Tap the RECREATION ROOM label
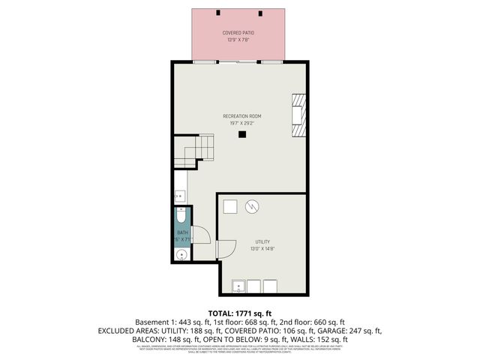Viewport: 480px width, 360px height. (241, 115)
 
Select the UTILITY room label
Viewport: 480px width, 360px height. (261, 241)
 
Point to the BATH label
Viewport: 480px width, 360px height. (182, 233)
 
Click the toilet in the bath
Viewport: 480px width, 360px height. (181, 218)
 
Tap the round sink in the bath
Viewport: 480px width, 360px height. (181, 255)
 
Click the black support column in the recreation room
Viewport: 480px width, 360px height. (241, 135)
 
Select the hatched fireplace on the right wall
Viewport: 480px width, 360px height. (299, 115)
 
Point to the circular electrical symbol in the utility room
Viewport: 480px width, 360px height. (253, 205)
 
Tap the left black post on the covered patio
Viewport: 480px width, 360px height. (217, 13)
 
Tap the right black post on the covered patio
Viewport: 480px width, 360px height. (261, 13)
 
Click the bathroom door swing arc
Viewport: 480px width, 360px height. (199, 235)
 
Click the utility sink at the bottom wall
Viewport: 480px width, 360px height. (239, 286)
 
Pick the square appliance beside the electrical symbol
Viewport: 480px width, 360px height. (231, 206)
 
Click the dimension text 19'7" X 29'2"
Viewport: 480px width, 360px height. (241, 122)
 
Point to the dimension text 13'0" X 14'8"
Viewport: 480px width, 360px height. (261, 248)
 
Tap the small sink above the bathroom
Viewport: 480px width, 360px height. (180, 196)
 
